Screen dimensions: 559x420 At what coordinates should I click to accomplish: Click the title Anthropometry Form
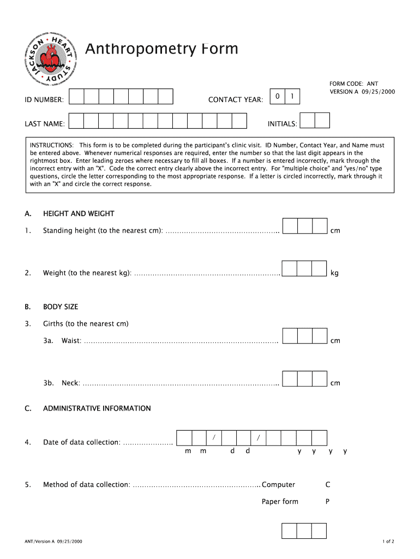161,49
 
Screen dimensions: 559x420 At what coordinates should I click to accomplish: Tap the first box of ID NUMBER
76,97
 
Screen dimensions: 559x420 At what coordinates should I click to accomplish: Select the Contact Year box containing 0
278,97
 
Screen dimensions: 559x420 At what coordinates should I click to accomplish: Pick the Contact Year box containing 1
292,97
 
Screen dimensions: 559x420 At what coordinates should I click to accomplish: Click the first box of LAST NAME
76,121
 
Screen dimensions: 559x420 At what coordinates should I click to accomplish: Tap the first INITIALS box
308,121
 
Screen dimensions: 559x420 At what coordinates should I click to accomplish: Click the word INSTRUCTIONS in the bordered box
52,145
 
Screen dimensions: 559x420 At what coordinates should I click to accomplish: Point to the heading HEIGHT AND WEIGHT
79,213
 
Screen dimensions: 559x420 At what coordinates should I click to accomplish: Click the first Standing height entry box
290,226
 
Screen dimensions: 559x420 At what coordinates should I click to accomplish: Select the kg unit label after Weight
334,273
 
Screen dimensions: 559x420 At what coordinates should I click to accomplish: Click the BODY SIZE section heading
61,307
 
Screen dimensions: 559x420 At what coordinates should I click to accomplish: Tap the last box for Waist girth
320,336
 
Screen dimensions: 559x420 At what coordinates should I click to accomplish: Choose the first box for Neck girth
290,378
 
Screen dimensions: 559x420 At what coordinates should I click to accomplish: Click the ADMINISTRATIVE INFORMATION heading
97,408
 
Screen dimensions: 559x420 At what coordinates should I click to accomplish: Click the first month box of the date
184,438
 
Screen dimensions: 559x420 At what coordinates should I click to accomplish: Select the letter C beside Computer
328,485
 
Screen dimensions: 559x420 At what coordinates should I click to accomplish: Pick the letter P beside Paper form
327,502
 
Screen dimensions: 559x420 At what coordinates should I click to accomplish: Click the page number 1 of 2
388,542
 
